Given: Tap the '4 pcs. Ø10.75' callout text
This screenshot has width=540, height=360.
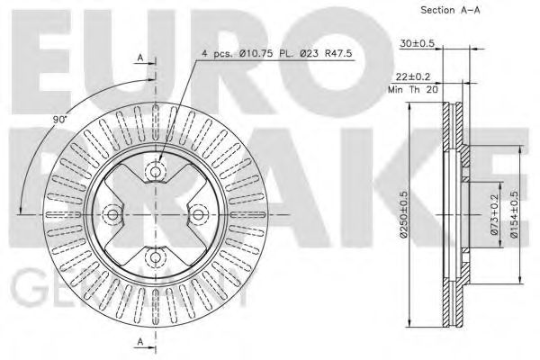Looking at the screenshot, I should pos(235,54).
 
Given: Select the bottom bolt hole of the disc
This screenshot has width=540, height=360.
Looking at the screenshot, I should pos(155,258).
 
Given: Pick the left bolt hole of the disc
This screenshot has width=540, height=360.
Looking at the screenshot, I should pos(112,214).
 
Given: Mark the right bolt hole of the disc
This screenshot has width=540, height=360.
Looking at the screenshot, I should pos(198,214).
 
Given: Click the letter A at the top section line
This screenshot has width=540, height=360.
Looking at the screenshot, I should pos(139,58).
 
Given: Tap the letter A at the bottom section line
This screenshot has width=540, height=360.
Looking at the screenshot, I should pos(139,340).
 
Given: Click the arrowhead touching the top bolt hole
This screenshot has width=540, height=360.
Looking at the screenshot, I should pos(158,162).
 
